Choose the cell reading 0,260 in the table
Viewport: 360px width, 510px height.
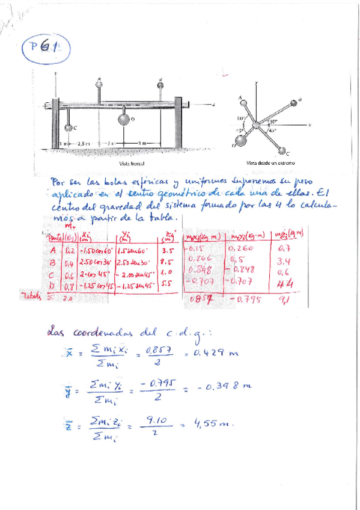pyautogui.click(x=242, y=249)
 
